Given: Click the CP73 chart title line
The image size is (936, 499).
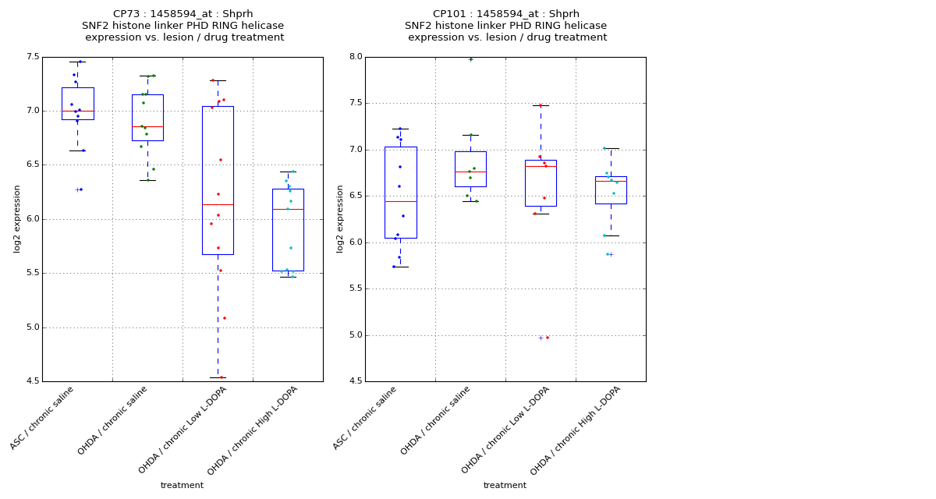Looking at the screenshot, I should [x=183, y=14].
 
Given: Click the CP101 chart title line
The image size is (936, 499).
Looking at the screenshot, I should [x=505, y=14].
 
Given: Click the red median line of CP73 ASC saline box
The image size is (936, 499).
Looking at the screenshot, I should [x=77, y=111].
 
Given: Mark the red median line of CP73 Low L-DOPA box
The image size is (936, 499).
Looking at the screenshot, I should [x=218, y=204].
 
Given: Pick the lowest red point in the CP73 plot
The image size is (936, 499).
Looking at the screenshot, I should [x=221, y=377].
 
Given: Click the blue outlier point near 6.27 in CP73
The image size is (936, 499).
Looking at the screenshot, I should [x=80, y=189].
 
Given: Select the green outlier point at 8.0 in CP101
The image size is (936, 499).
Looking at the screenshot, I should [x=470, y=59].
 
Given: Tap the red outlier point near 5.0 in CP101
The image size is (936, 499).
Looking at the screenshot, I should [x=547, y=338].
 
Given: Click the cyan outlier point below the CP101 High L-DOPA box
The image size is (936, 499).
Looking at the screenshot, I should [x=608, y=254].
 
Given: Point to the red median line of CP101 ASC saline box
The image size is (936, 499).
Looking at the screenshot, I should [x=400, y=201].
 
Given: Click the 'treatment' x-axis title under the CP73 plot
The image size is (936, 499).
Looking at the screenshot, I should [x=182, y=485].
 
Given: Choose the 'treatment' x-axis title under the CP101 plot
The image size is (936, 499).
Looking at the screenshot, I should [x=505, y=485].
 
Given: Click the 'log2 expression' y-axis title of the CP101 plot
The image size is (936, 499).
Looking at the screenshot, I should [x=341, y=218].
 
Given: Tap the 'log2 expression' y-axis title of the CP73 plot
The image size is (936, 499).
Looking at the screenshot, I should [x=17, y=218].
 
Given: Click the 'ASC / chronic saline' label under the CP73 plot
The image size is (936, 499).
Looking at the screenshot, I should [x=43, y=418].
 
